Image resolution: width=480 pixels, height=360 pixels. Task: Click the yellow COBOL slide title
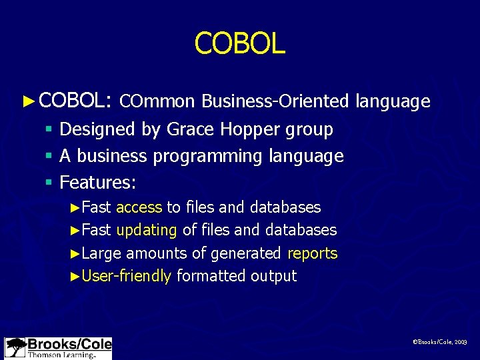pyautogui.click(x=239, y=44)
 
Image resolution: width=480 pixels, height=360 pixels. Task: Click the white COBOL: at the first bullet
pyautogui.click(x=74, y=101)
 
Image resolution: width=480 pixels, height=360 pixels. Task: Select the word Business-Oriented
pyautogui.click(x=275, y=101)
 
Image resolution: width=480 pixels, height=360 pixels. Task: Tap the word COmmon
pyautogui.click(x=157, y=101)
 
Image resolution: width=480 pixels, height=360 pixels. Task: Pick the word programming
pyautogui.click(x=208, y=157)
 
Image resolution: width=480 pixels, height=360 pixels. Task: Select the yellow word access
pyautogui.click(x=139, y=207)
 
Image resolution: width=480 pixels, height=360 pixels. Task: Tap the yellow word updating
pyautogui.click(x=147, y=230)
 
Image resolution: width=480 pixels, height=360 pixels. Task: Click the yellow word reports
pyautogui.click(x=312, y=253)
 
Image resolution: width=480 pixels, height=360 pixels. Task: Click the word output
pyautogui.click(x=273, y=276)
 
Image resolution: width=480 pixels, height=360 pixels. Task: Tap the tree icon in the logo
pyautogui.click(x=15, y=347)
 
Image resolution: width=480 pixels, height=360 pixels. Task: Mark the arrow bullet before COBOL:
pyautogui.click(x=27, y=101)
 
